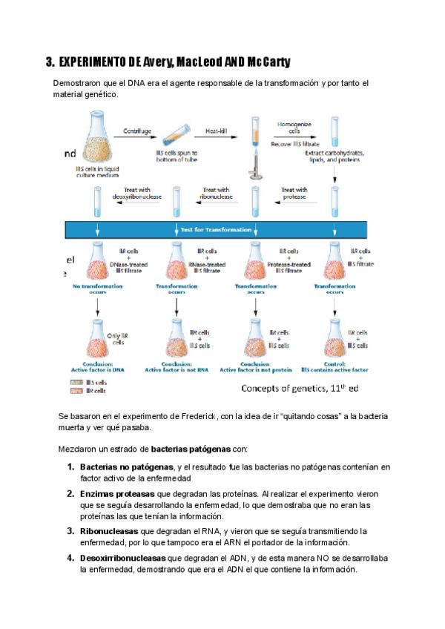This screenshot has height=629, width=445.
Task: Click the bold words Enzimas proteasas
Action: pyautogui.click(x=113, y=493)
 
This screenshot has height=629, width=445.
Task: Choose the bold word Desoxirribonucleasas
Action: pyautogui.click(x=123, y=558)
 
